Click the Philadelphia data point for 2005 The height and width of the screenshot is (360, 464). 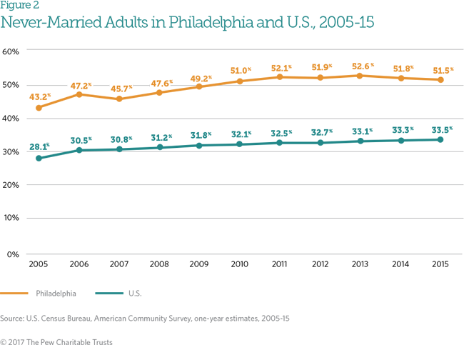[x=39, y=107]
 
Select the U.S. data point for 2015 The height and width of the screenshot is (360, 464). [x=440, y=139]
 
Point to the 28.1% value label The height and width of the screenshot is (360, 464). [x=39, y=146]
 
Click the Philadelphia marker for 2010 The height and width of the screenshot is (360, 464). [x=239, y=81]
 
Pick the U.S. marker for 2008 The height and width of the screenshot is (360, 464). [x=159, y=147]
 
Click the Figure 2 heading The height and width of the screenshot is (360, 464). [x=19, y=6]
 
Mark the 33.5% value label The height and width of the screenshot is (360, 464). [x=440, y=129]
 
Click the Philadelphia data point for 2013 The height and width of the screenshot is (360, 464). [x=360, y=76]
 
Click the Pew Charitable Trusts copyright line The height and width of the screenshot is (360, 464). [x=56, y=343]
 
